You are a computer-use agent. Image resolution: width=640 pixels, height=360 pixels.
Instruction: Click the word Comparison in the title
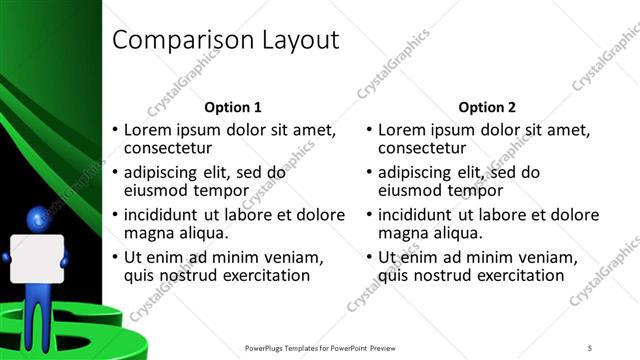pos(169,41)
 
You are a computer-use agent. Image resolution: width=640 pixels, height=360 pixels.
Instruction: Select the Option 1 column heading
pos(233,107)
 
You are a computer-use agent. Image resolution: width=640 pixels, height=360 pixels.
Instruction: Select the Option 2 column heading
pos(489,107)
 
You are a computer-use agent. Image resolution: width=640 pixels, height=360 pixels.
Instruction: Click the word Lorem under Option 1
pos(149,130)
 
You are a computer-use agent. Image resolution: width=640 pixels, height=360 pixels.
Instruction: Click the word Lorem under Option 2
pos(405,130)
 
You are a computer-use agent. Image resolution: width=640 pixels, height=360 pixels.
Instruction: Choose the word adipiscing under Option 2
pos(421,172)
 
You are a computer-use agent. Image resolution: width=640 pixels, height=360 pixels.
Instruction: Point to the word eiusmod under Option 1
pos(156,191)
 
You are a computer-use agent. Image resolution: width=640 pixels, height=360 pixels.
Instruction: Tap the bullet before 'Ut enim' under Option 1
pos(115,256)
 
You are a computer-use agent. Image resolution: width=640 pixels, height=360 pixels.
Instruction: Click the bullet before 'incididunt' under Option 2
pos(370,214)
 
